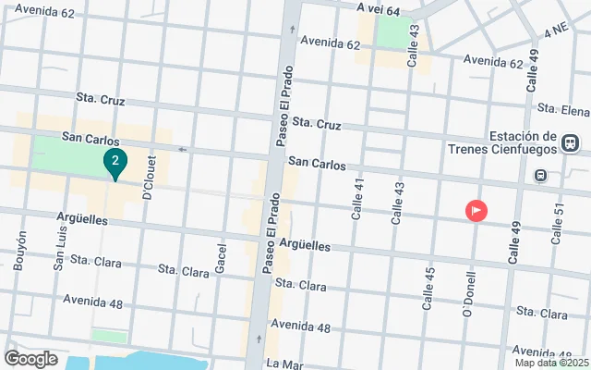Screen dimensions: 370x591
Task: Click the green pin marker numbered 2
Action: click(115, 164)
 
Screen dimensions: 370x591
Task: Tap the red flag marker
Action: click(476, 211)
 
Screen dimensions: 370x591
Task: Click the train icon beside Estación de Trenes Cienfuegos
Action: click(570, 143)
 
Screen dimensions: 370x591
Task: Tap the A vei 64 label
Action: click(379, 9)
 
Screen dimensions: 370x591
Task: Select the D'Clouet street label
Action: click(148, 178)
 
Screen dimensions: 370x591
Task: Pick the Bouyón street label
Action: click(19, 250)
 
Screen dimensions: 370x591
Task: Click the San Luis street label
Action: click(59, 250)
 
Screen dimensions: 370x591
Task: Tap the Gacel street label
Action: click(221, 258)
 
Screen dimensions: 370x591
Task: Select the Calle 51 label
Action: click(558, 225)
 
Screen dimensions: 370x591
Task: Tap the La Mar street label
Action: click(278, 364)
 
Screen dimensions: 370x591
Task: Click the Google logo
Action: click(30, 359)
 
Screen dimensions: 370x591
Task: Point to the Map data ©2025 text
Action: click(550, 363)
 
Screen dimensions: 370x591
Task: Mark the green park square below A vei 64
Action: click(394, 33)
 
